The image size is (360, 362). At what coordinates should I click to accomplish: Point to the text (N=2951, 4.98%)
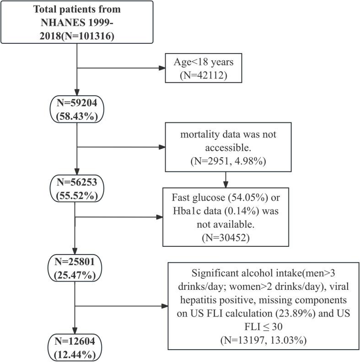(225, 162)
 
